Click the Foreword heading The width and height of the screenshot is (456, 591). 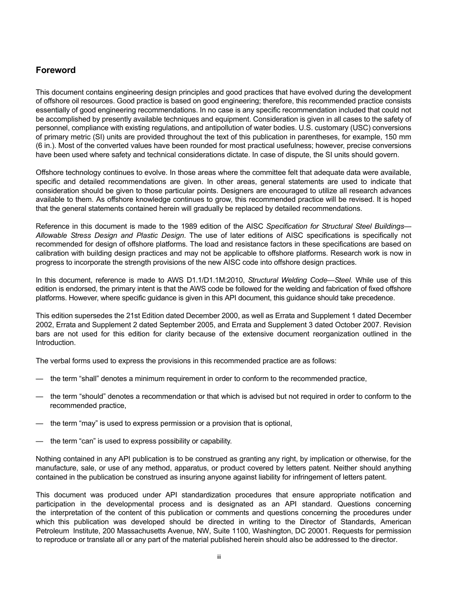(x=56, y=70)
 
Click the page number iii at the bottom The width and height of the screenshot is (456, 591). (x=218, y=557)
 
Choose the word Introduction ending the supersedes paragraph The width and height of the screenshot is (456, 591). (x=56, y=343)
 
